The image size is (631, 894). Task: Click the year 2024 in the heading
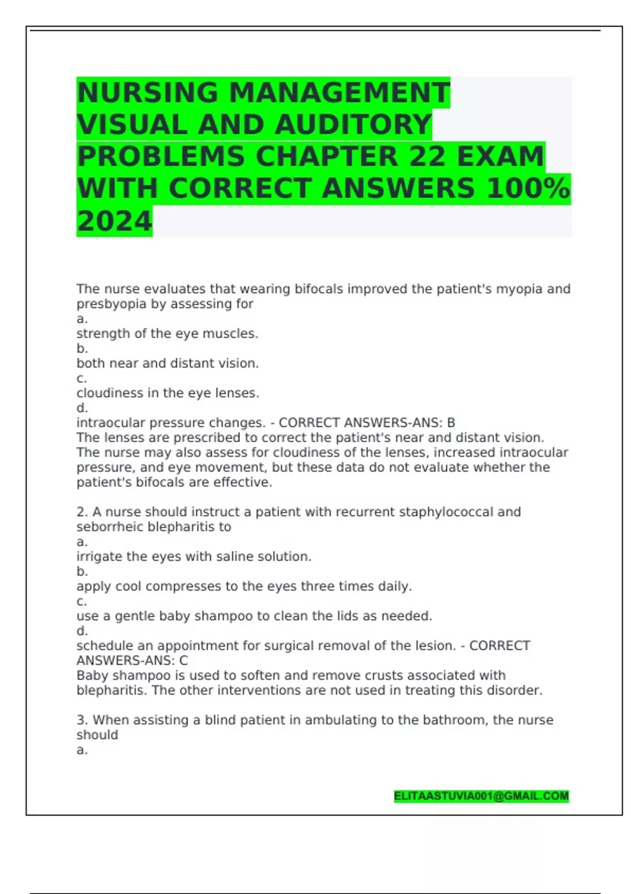114,221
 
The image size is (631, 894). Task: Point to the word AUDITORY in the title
353,125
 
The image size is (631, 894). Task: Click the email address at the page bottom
481,796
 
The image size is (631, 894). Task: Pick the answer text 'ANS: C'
169,661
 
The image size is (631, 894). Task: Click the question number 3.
82,720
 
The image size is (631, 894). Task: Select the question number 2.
82,512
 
